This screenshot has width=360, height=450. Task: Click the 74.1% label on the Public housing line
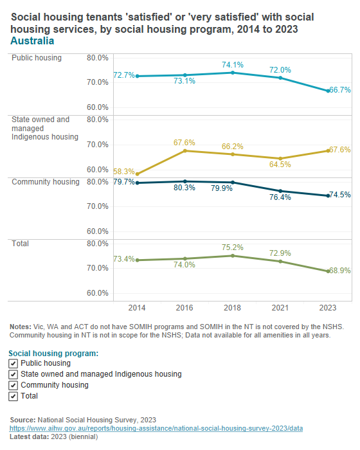233,64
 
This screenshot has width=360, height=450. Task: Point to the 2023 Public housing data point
328,91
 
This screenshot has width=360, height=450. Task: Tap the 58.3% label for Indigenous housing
124,172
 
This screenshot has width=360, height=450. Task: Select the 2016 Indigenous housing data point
185,150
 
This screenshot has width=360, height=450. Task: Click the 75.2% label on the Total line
233,247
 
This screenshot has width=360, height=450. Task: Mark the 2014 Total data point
137,260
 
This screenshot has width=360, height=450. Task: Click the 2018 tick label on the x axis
233,307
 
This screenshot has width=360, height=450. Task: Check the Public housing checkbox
14,363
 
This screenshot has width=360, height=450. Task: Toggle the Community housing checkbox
14,385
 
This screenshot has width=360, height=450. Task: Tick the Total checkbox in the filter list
14,396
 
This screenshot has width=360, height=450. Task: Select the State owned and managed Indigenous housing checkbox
14,374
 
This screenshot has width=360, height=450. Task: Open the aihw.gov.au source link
156,428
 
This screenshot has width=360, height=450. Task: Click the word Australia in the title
32,40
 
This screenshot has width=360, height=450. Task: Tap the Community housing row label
46,182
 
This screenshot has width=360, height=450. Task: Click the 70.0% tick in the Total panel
98,268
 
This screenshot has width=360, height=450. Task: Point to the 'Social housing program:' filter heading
53,353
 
